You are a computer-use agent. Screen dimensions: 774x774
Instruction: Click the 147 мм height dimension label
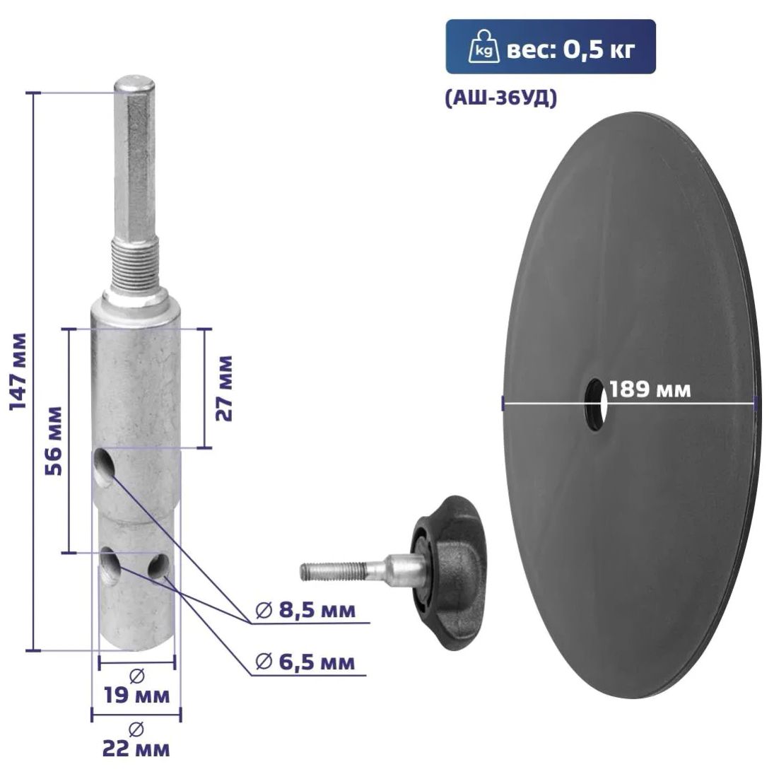18,371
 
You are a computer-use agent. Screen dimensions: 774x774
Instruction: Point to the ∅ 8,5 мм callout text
305,610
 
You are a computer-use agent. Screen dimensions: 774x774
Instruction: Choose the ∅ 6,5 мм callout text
305,662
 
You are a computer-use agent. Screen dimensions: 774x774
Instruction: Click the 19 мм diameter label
136,696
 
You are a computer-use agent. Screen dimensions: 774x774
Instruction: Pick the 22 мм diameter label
136,749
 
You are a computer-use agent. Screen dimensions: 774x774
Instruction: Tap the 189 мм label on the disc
650,389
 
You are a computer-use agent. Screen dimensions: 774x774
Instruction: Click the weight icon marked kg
480,48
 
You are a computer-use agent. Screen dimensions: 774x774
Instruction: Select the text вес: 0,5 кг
570,49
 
